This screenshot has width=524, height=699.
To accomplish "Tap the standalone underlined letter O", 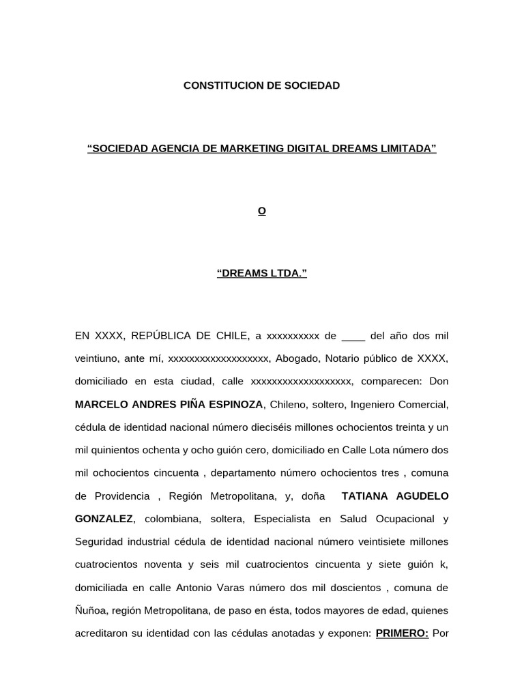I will (261, 211).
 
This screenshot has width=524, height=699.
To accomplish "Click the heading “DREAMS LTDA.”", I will (262, 274).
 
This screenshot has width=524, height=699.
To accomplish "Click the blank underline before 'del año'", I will (353, 336).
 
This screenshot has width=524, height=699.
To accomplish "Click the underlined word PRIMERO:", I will (402, 633).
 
